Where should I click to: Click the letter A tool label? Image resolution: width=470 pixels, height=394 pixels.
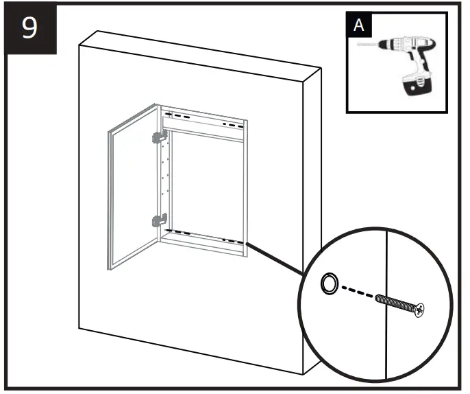[357, 26]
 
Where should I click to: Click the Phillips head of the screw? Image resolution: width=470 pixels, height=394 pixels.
[417, 310]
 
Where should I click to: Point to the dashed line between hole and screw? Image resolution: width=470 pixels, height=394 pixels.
[356, 292]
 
